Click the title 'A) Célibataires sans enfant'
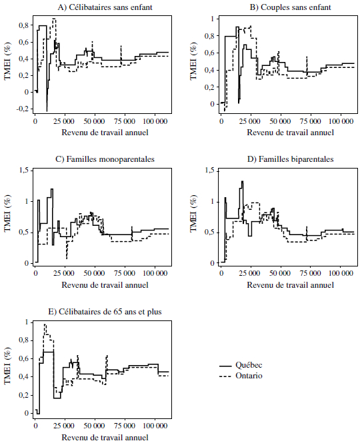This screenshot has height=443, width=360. (x=105, y=7)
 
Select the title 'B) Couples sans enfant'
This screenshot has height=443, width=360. (x=290, y=7)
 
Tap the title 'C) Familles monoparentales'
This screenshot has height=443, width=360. (x=105, y=159)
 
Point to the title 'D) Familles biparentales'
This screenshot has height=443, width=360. (x=290, y=159)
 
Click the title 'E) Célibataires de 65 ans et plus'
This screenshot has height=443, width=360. (x=105, y=312)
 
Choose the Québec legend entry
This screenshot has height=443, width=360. (x=241, y=365)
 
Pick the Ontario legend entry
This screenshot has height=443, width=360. (x=241, y=376)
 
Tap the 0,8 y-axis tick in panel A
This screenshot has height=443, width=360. (x=24, y=25)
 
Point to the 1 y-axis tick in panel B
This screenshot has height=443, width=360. (x=213, y=19)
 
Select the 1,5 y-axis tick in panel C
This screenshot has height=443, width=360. (x=24, y=171)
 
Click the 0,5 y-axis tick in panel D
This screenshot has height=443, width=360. (x=210, y=232)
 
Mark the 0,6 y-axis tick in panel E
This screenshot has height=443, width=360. (x=24, y=359)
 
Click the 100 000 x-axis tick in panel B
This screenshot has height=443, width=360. (x=341, y=121)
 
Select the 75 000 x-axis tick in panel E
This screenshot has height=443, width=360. (x=125, y=426)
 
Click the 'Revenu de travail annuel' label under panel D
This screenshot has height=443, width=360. (x=291, y=285)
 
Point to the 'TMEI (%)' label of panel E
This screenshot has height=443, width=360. (x=8, y=366)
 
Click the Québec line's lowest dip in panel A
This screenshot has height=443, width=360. (x=47, y=111)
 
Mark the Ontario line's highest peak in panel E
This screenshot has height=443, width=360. (x=45, y=324)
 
